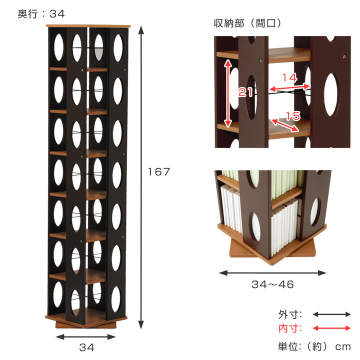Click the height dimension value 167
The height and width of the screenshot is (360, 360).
159,172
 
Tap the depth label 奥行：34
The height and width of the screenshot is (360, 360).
41,14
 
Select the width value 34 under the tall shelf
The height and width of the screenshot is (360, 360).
87,347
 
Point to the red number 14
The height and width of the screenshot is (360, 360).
289,78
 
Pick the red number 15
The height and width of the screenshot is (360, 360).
293,116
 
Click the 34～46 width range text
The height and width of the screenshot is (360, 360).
272,285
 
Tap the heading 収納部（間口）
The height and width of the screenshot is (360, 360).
247,23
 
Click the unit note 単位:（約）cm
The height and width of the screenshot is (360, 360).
314,346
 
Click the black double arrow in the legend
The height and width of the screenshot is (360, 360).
331,314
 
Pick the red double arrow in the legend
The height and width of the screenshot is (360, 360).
331,328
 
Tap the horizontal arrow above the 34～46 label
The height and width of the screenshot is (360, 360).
272,273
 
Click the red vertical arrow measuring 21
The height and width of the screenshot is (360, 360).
228,93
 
